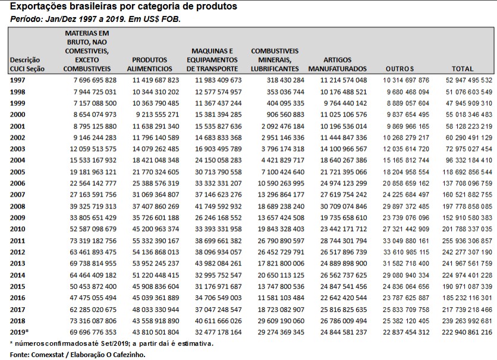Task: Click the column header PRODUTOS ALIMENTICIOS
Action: pos(151,64)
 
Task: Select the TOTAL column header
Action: pos(462,69)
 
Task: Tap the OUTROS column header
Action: pos(399,69)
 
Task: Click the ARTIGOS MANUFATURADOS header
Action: pos(337,64)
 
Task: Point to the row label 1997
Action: pos(18,80)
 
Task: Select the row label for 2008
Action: pos(18,206)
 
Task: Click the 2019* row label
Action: pos(20,331)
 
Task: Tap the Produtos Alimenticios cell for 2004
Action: pos(156,160)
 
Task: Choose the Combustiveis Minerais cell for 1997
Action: pos(277,80)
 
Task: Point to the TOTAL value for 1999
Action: pos(464,103)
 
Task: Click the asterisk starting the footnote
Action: pos(11,343)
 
